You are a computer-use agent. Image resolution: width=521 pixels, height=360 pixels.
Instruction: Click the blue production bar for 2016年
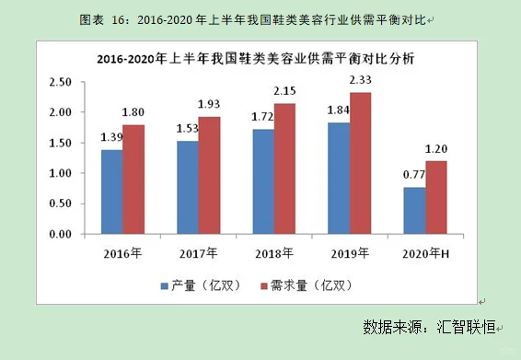pyautogui.click(x=111, y=192)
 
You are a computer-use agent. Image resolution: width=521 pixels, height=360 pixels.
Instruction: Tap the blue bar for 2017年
pyautogui.click(x=187, y=188)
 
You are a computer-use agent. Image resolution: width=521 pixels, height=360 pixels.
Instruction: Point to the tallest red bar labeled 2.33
pyautogui.click(x=360, y=163)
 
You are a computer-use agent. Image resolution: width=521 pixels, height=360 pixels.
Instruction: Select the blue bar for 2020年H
pyautogui.click(x=413, y=211)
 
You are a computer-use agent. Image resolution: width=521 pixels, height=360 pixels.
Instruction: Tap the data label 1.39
pyautogui.click(x=111, y=137)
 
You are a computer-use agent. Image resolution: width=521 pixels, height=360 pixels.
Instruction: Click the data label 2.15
pyautogui.click(x=285, y=92)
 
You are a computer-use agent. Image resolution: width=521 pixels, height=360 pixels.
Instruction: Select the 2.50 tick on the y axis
pyautogui.click(x=60, y=82)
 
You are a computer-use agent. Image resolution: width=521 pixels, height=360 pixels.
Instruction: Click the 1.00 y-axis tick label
pyautogui.click(x=60, y=173)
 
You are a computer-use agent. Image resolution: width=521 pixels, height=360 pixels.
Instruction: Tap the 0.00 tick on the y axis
pyautogui.click(x=60, y=234)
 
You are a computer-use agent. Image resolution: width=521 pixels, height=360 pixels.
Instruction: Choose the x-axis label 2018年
pyautogui.click(x=273, y=251)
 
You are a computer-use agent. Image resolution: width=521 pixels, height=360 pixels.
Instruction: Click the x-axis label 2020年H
pyautogui.click(x=424, y=251)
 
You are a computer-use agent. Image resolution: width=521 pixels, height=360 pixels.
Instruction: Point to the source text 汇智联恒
pyautogui.click(x=463, y=327)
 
